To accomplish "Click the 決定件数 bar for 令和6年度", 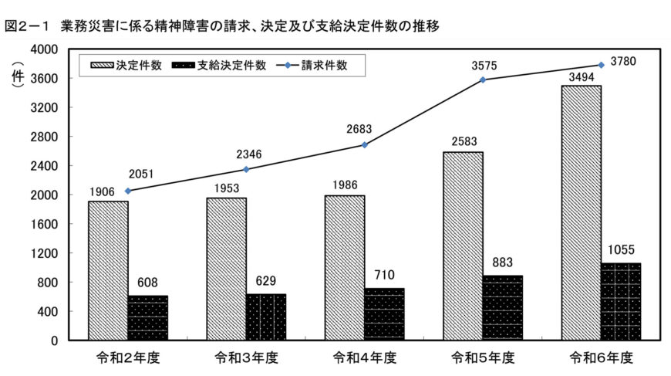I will (581, 212).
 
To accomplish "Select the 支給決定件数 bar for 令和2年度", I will (148, 317).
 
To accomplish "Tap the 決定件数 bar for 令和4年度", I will (344, 267).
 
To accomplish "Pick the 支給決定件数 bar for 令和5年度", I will (503, 307).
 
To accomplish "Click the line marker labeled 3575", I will (483, 80).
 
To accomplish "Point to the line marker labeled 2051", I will (128, 191).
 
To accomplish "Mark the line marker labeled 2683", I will (365, 144).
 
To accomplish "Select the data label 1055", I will (621, 250).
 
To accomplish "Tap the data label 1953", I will (226, 187).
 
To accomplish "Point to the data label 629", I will (266, 280).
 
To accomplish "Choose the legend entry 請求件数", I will (325, 66).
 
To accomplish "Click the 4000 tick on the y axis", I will (46, 49).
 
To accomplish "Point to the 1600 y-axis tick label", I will (46, 224).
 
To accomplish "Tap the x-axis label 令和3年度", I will (246, 358).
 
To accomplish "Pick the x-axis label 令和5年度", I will (483, 358).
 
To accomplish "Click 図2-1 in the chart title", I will (25, 26).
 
